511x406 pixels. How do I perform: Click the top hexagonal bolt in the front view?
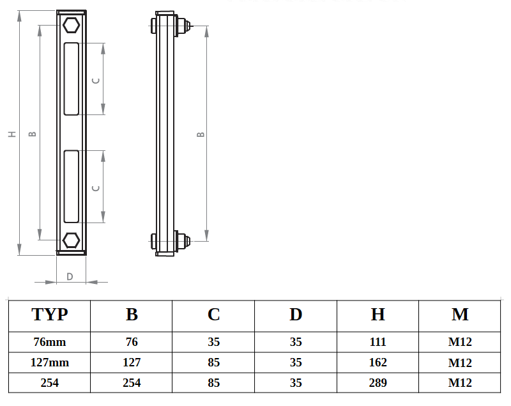pos(71,26)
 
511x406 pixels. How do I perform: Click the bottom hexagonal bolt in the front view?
pos(71,240)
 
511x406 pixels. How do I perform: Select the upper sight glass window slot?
pos(72,79)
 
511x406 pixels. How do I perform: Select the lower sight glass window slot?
pos(72,186)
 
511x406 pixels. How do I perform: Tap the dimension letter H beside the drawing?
pos(11,134)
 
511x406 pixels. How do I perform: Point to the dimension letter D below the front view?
pos(70,276)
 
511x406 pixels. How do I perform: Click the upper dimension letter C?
pos(96,80)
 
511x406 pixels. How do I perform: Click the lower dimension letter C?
pos(96,188)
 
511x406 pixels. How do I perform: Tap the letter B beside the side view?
pos(201,134)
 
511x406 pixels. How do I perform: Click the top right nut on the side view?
pos(183,26)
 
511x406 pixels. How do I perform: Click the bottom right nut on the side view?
pos(183,241)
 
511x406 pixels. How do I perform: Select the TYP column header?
pos(49,314)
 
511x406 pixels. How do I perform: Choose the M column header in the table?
pos(460,314)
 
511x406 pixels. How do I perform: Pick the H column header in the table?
pos(378,314)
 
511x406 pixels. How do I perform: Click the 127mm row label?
pos(49,363)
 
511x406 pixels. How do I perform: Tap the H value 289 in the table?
pos(378,383)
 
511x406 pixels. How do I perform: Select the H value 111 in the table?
pos(378,342)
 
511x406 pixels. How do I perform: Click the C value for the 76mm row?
pos(214,342)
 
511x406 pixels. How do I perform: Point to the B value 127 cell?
pos(132,363)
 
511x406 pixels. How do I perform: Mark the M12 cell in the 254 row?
pos(460,383)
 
